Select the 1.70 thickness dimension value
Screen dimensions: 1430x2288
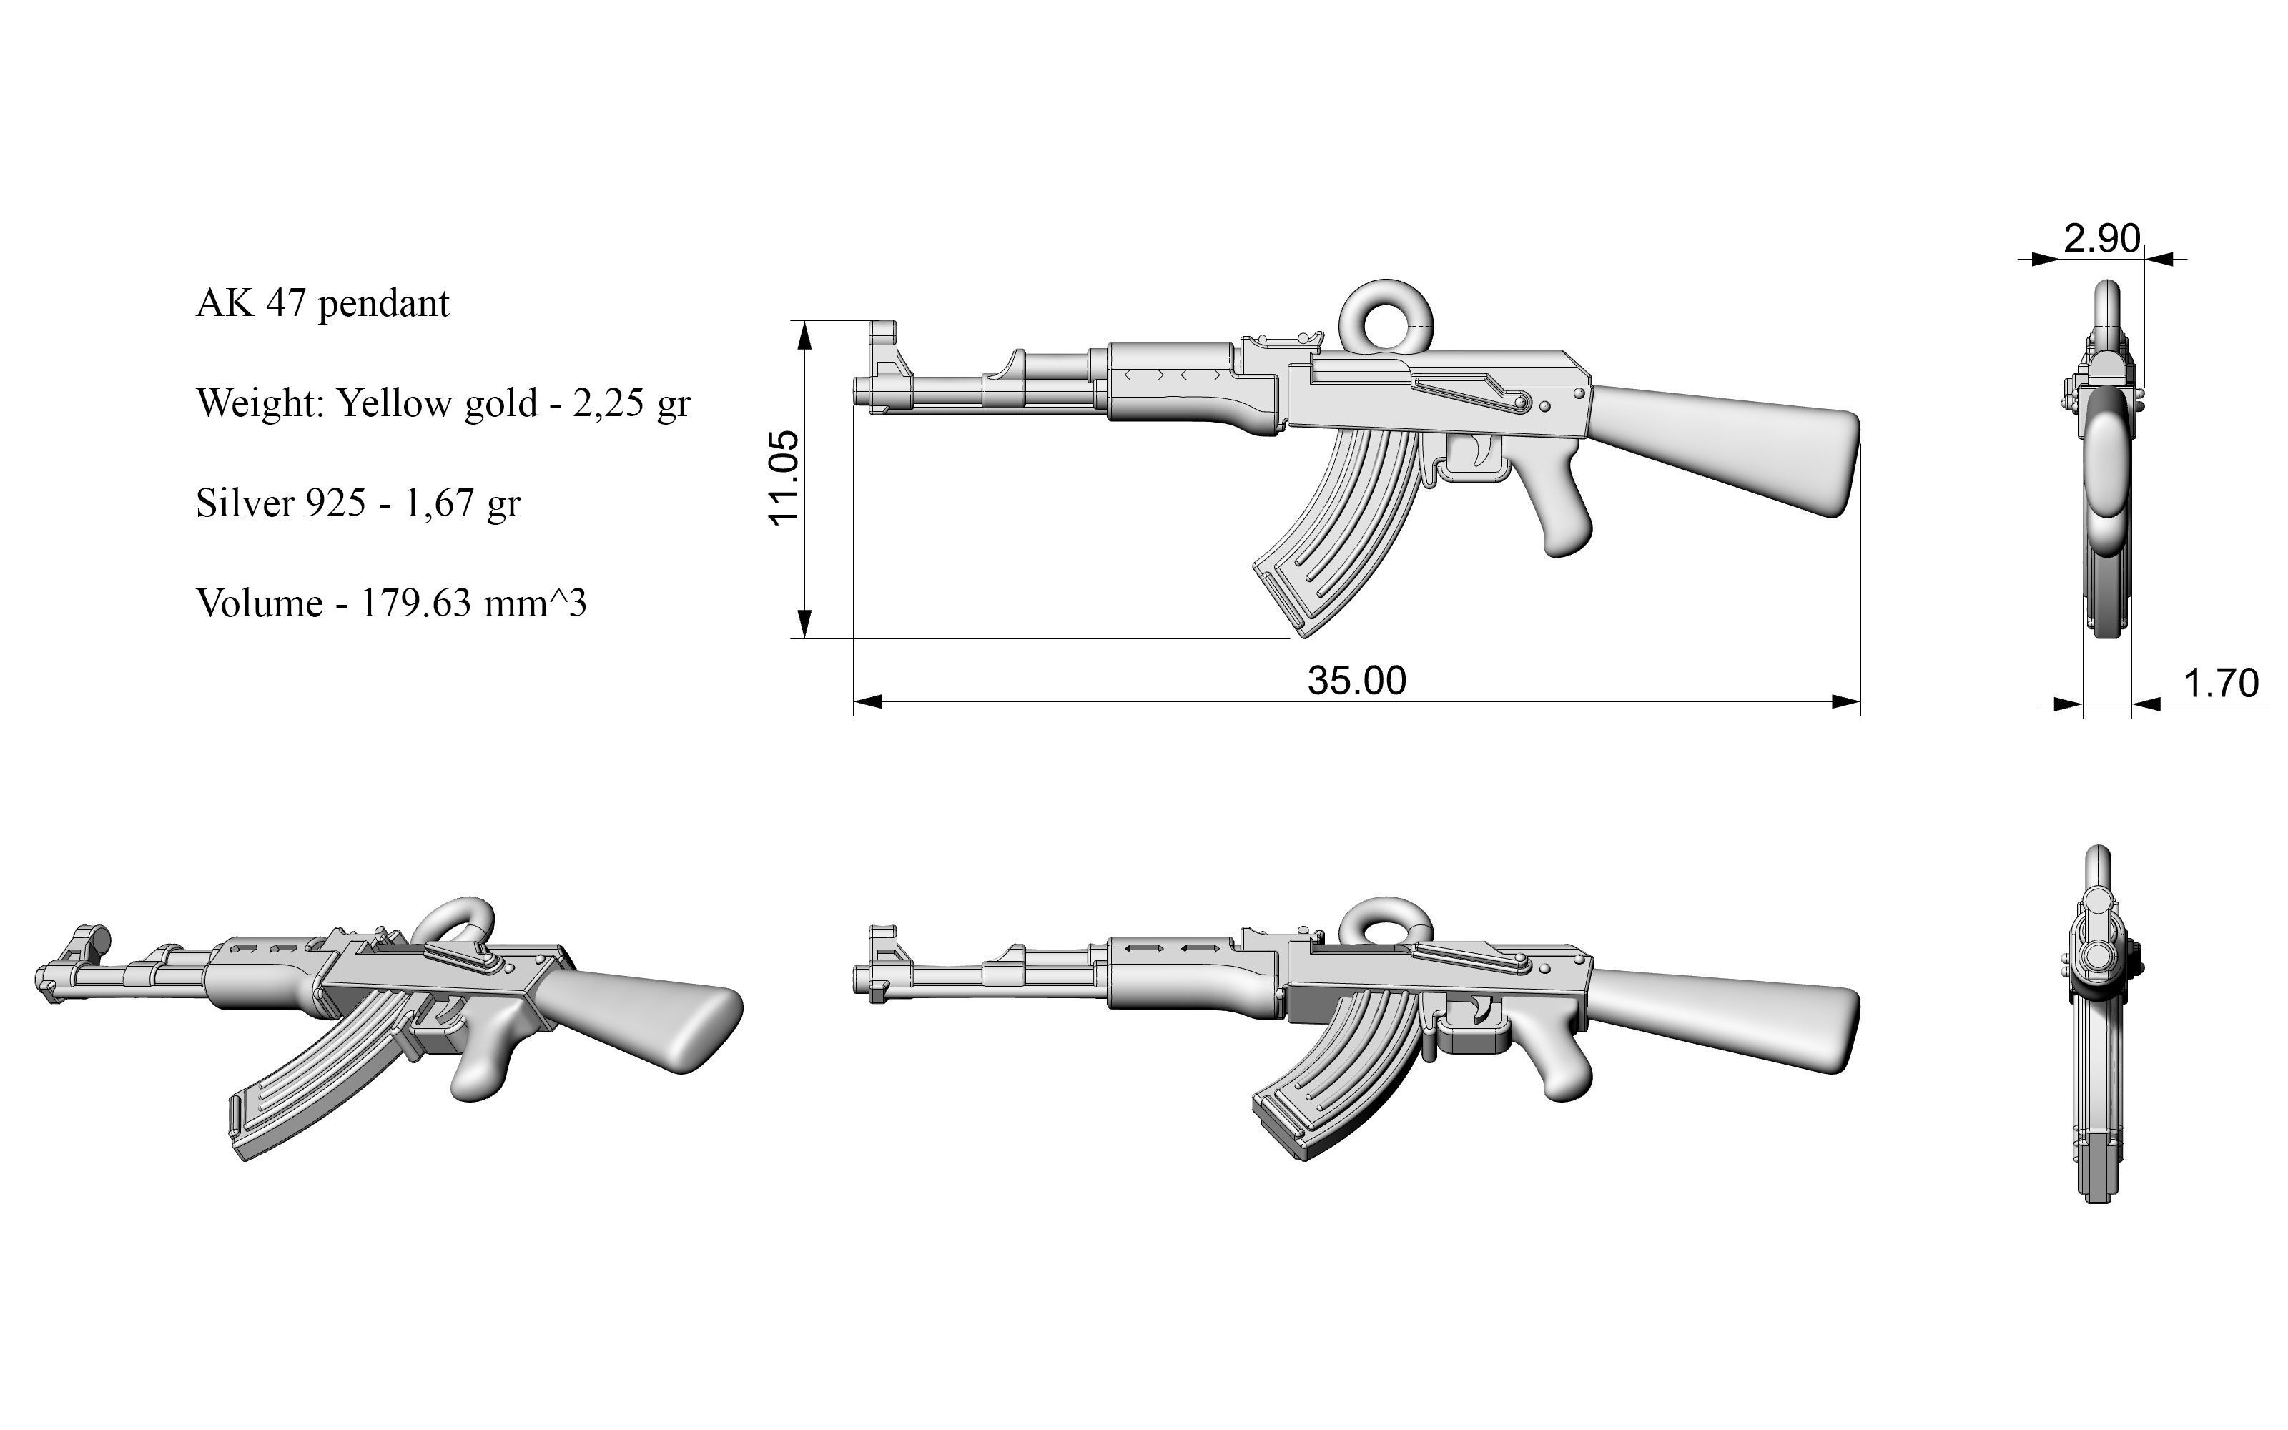tap(2221, 683)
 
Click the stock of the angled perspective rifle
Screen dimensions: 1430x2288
tap(652, 1017)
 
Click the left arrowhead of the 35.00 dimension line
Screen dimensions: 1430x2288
tap(867, 701)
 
